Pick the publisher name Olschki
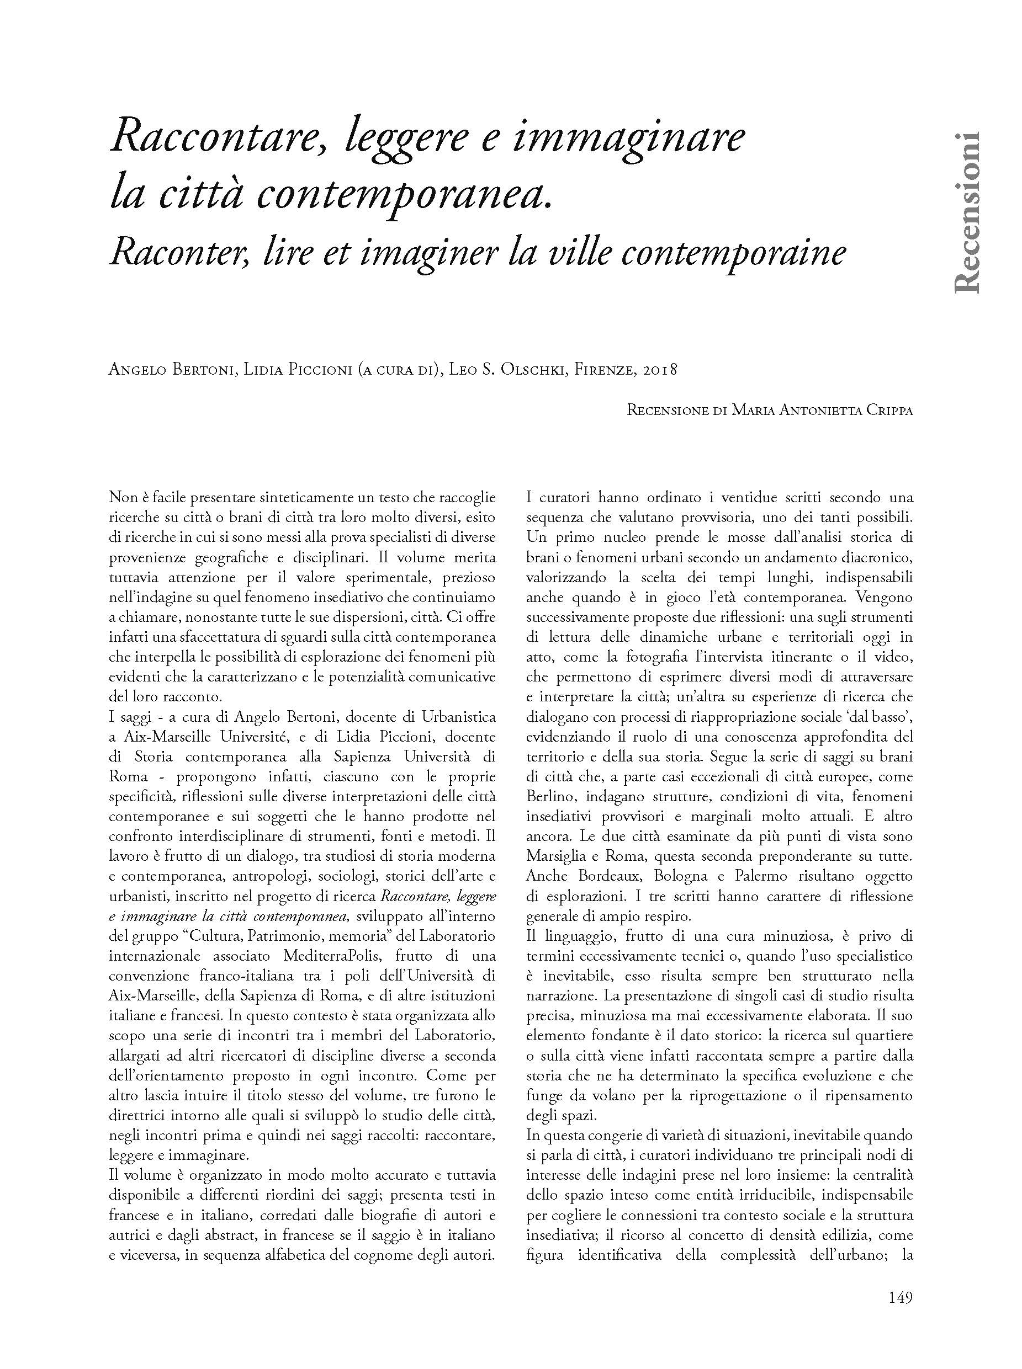(x=522, y=370)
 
